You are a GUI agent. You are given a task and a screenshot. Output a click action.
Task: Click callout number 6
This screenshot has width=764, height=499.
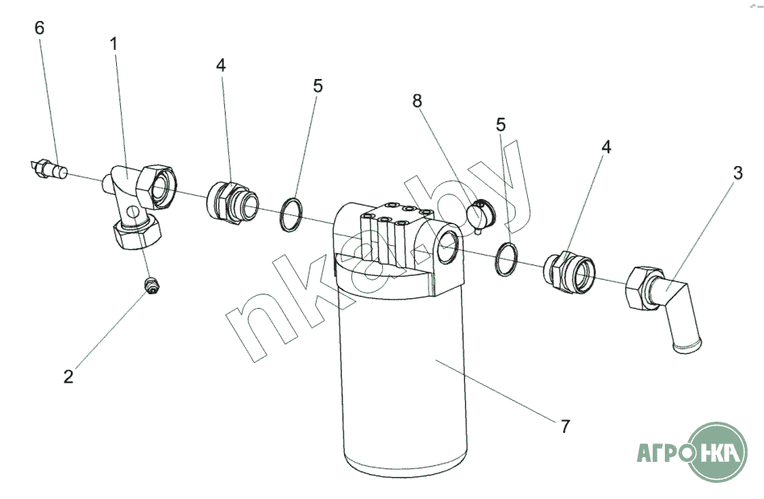click(x=39, y=28)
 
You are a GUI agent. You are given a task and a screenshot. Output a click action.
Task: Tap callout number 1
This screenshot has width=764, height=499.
click(x=114, y=44)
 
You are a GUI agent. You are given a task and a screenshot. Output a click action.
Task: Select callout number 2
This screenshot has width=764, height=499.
click(x=69, y=376)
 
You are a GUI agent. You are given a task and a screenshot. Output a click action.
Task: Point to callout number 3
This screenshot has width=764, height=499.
click(x=737, y=173)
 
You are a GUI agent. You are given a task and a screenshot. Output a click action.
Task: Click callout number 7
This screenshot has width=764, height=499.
click(x=565, y=426)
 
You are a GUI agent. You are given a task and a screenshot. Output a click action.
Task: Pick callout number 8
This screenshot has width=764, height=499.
click(x=417, y=101)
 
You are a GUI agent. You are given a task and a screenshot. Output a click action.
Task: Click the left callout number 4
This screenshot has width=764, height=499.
click(x=221, y=64)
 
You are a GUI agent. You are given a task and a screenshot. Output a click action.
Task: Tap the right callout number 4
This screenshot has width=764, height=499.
click(x=606, y=147)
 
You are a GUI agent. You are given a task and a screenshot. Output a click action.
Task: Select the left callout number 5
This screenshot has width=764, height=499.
click(x=318, y=85)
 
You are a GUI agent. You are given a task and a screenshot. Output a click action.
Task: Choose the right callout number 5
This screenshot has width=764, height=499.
click(x=501, y=125)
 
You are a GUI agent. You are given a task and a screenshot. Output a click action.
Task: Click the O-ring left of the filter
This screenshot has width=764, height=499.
click(x=291, y=214)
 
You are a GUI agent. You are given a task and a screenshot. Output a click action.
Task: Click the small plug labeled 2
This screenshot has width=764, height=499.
click(x=152, y=285)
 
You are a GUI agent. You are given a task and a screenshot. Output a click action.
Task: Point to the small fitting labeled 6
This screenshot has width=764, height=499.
click(x=48, y=168)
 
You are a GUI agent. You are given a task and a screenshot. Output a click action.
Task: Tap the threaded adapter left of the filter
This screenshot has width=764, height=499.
click(x=232, y=202)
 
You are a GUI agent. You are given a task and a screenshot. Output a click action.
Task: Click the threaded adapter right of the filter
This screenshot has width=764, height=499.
click(x=569, y=273)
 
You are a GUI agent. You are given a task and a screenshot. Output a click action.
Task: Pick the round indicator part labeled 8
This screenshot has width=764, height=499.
click(x=480, y=215)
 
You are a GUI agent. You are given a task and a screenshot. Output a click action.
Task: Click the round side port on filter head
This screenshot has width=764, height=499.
click(x=446, y=247)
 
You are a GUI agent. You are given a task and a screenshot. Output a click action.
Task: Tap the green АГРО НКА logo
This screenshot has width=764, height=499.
click(x=692, y=452)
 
